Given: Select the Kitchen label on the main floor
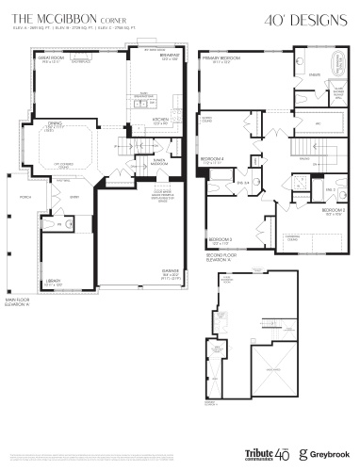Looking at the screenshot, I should click(x=159, y=120).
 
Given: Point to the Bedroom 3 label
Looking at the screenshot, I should click(x=220, y=240).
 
